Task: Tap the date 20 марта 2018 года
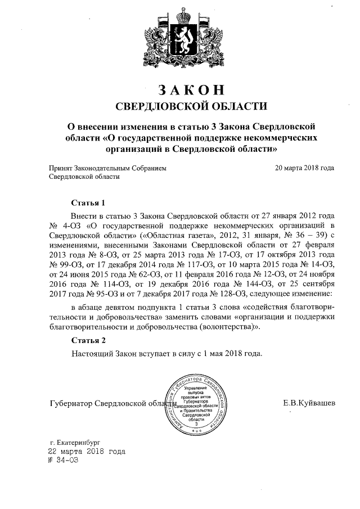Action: point(304,168)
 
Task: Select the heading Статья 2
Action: point(89,340)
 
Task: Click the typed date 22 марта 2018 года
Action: point(87,451)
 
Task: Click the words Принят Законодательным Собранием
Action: point(107,168)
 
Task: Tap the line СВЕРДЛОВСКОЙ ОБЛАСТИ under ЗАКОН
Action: point(188,106)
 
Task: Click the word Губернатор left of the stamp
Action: point(70,403)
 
